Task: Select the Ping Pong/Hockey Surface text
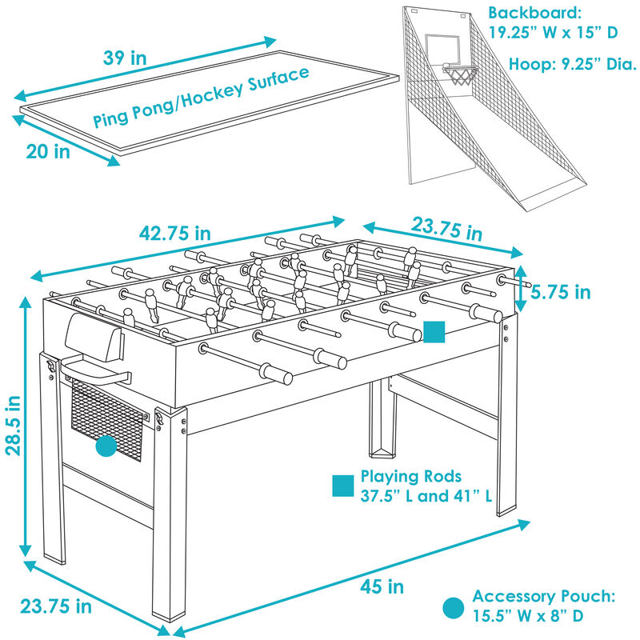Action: (x=201, y=98)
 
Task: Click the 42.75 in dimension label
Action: (x=175, y=233)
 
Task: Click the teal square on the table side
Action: (x=434, y=332)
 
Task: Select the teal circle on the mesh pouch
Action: (x=106, y=446)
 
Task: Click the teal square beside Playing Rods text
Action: (x=342, y=486)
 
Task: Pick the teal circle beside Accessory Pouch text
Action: (x=453, y=607)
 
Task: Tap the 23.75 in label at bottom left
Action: (x=57, y=606)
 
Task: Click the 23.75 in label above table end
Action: (x=447, y=229)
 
